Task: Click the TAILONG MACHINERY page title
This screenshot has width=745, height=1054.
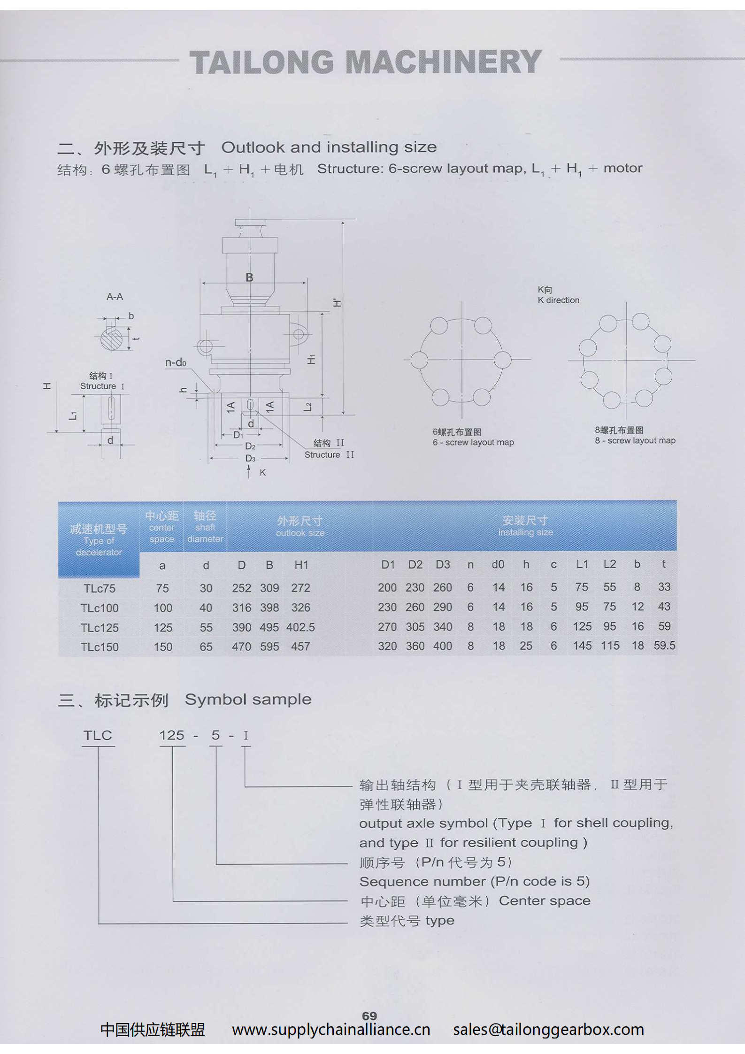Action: (x=366, y=62)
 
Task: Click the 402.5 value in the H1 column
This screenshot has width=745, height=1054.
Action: (x=300, y=627)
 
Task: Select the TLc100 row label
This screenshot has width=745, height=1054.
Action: (x=100, y=608)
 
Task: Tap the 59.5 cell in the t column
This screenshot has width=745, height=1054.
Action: (x=664, y=646)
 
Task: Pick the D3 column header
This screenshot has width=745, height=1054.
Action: (x=443, y=564)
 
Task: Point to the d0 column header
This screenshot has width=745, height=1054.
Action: (x=498, y=564)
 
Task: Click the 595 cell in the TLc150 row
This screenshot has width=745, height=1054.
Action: (x=269, y=646)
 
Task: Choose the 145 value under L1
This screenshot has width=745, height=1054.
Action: (x=582, y=646)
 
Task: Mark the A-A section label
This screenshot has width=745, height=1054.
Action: (x=115, y=297)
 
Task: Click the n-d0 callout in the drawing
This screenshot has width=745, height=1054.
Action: (x=176, y=362)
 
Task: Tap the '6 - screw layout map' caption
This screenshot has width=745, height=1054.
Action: (x=473, y=442)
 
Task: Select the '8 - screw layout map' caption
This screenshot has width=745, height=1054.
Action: (x=635, y=440)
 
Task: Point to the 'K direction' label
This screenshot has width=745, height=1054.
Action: (x=559, y=300)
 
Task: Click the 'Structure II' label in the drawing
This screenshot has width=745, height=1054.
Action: (x=329, y=454)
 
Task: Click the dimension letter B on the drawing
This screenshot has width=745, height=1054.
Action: (x=250, y=277)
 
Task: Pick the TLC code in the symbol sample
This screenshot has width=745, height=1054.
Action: (x=98, y=735)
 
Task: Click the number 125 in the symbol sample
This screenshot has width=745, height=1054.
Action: (x=172, y=735)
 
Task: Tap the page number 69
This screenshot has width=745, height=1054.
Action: (x=369, y=1016)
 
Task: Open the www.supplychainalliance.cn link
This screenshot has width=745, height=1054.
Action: (x=331, y=1030)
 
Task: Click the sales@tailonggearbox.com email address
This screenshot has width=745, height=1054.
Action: (x=548, y=1030)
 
